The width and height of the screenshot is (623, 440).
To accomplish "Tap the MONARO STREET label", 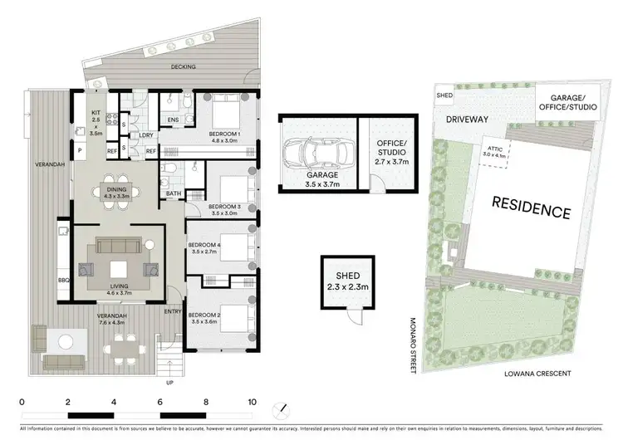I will pyautogui.click(x=412, y=345).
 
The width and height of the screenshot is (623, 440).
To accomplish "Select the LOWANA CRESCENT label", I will pyautogui.click(x=537, y=374).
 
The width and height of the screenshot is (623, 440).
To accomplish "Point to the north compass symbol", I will pyautogui.click(x=281, y=409).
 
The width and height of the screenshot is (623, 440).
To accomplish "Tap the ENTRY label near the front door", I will pyautogui.click(x=172, y=311).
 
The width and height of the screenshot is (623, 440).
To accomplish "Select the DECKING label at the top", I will pyautogui.click(x=184, y=67).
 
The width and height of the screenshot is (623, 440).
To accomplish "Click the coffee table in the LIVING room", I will pyautogui.click(x=118, y=267).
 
